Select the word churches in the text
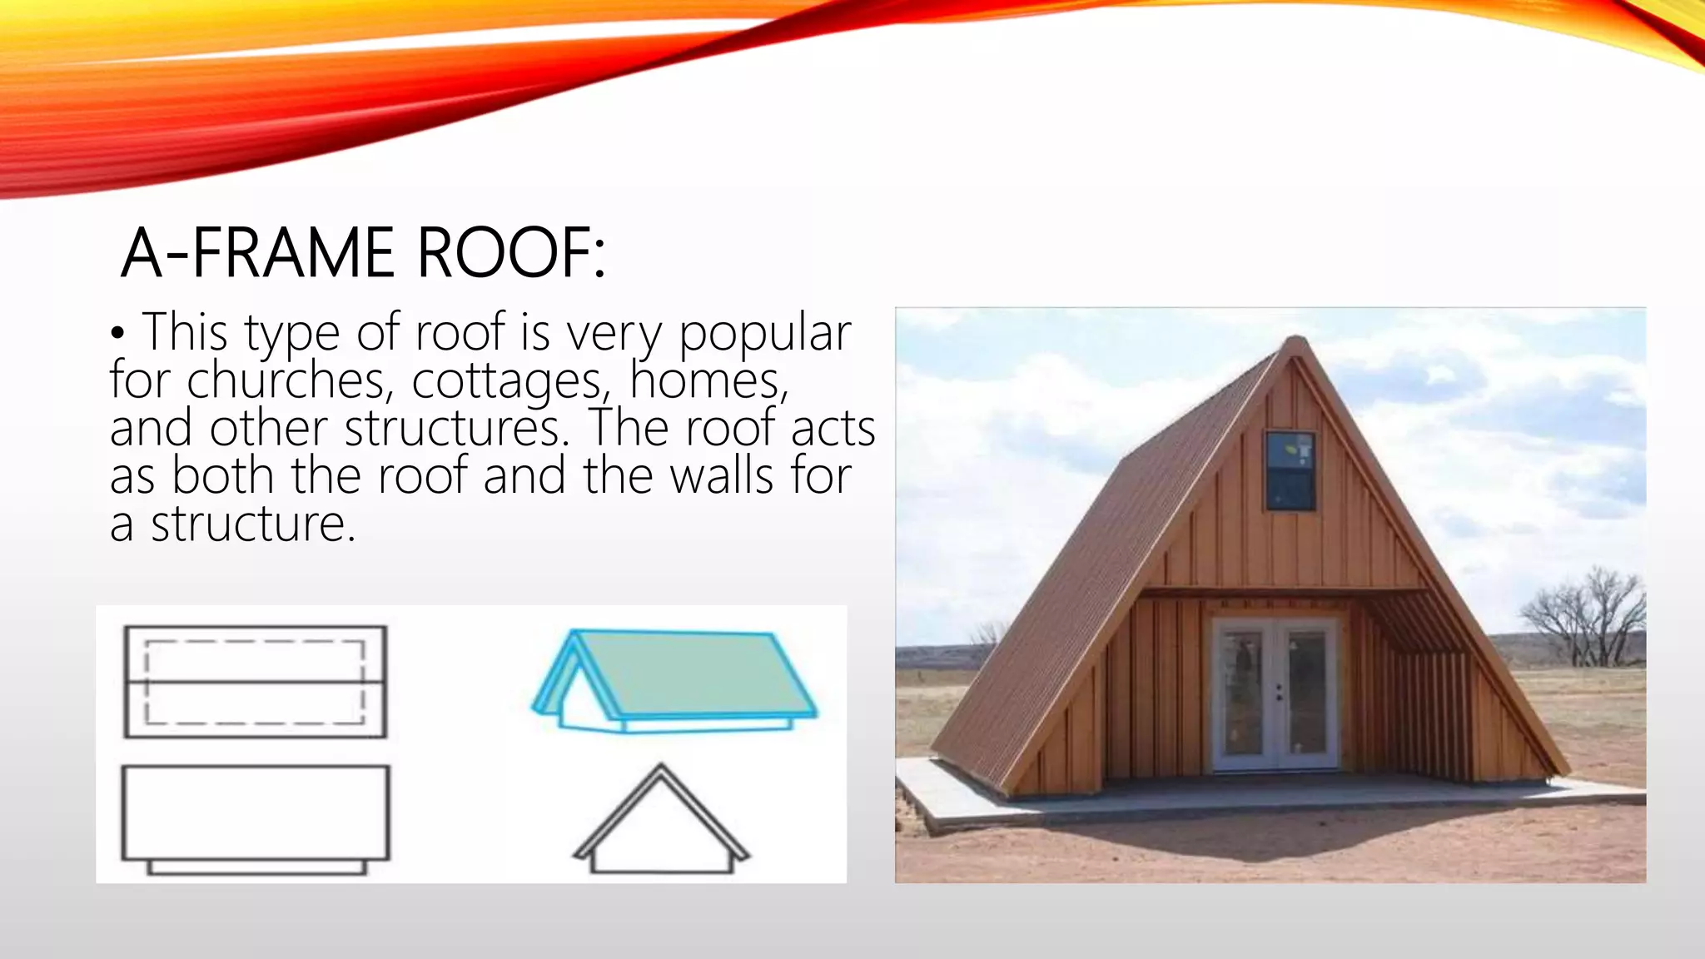pos(286,381)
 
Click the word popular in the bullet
pos(764,333)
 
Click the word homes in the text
pos(708,381)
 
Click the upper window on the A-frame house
pos(1290,470)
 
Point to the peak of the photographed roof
pos(1295,339)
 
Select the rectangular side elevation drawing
pos(255,813)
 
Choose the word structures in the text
pos(452,429)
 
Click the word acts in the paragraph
pos(833,429)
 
